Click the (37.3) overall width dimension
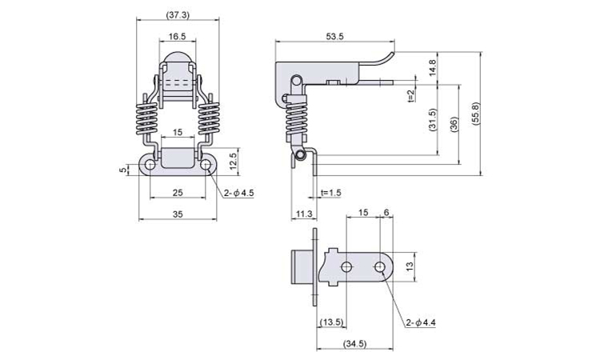[178, 15]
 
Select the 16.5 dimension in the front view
[178, 36]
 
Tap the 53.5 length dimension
[335, 36]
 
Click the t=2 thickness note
[409, 95]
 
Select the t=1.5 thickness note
[330, 193]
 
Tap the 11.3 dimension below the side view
[303, 214]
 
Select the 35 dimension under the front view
[178, 214]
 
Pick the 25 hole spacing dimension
[178, 193]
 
